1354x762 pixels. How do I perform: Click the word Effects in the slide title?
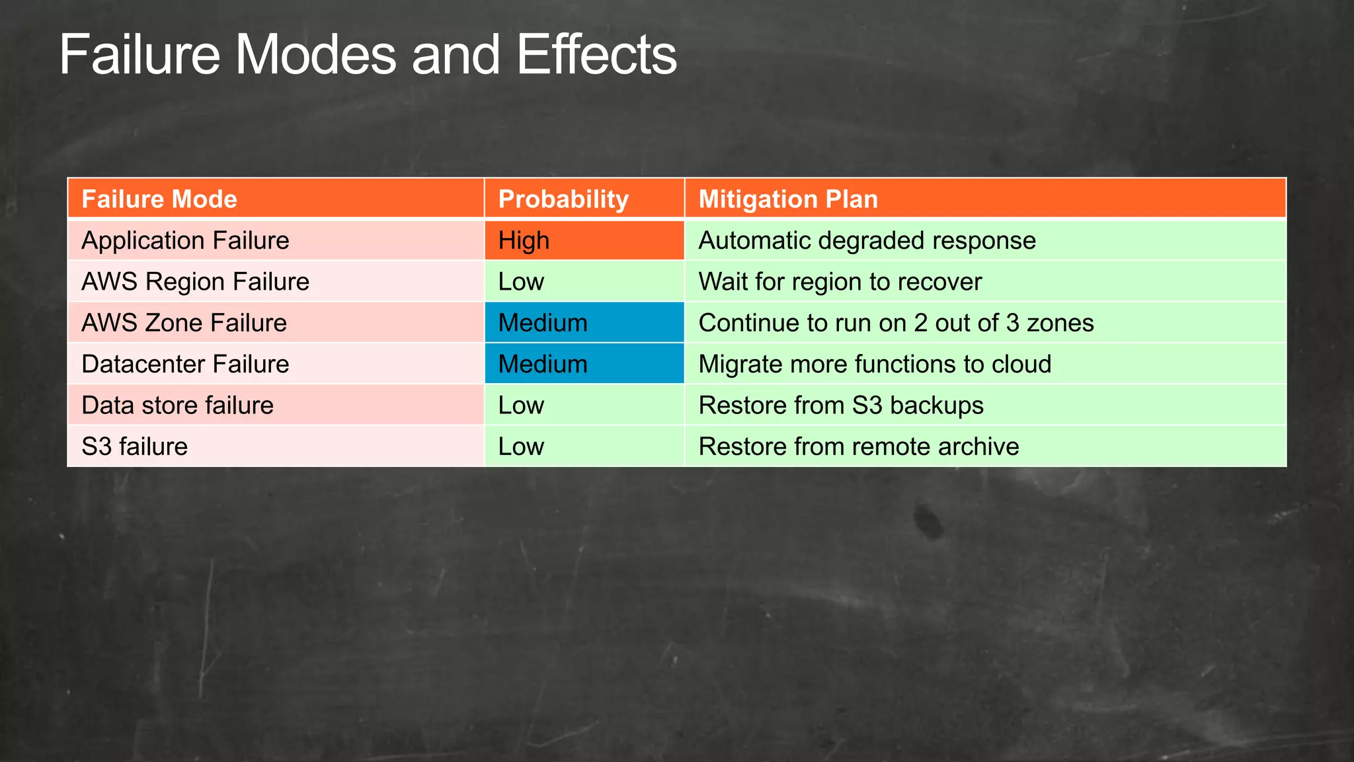[x=596, y=55]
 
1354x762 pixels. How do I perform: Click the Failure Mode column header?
[x=159, y=199]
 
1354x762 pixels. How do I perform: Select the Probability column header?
[x=563, y=199]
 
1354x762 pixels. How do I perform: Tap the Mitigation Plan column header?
[x=788, y=199]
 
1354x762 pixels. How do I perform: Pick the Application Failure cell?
[x=185, y=240]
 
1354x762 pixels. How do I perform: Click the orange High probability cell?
[x=584, y=240]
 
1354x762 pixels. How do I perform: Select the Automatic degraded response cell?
[x=867, y=240]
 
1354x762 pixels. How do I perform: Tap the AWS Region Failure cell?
[x=195, y=282]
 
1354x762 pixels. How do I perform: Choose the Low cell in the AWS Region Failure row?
[x=584, y=282]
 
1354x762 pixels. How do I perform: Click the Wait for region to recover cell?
[x=840, y=282]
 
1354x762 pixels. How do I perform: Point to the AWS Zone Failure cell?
[x=184, y=323]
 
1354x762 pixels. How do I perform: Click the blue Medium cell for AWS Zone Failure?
[x=584, y=323]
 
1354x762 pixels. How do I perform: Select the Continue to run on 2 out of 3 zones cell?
[x=896, y=323]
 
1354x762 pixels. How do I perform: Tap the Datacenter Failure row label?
[x=185, y=364]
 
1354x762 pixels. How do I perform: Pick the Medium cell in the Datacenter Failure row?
[x=584, y=364]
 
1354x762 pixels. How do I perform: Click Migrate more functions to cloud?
[x=874, y=364]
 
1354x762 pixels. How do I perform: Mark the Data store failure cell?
[x=177, y=405]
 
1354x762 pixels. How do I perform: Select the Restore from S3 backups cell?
[x=841, y=405]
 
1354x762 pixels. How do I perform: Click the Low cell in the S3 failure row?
[x=584, y=446]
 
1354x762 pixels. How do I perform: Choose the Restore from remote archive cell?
[x=858, y=446]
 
